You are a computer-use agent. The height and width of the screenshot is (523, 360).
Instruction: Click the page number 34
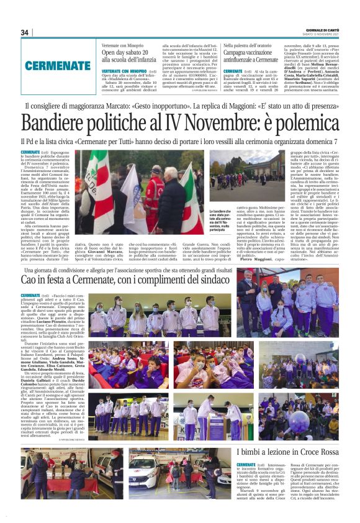(25, 32)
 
